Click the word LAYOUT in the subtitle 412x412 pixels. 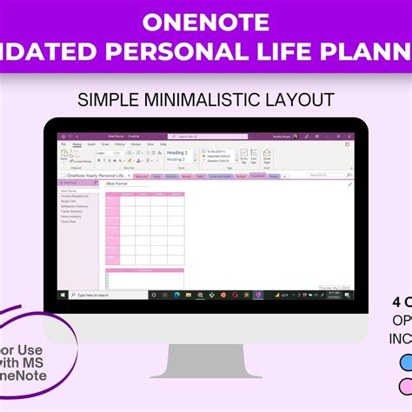coord(299,99)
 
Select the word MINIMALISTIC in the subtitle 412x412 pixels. coord(207,99)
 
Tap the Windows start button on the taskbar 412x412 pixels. coord(62,295)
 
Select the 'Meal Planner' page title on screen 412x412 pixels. coord(118,184)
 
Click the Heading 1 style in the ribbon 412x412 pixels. coord(176,152)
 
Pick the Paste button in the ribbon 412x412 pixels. coord(63,154)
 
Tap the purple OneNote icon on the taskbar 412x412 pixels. coord(258,295)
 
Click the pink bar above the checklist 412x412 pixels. coord(144,269)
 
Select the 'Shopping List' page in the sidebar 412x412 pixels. coord(75,196)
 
